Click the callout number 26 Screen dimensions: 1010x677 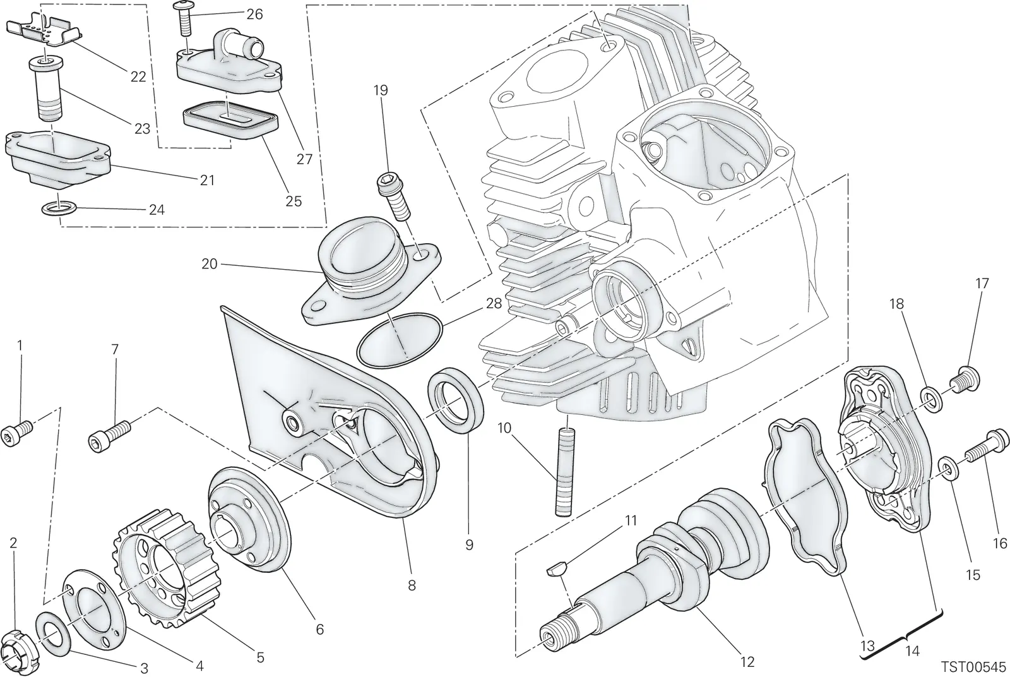pos(254,15)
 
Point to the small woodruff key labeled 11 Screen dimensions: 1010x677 pos(555,569)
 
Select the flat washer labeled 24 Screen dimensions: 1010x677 pos(59,209)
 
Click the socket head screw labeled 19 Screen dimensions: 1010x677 pos(393,197)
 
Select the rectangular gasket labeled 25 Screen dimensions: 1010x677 pos(230,119)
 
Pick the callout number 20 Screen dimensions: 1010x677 pos(209,264)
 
